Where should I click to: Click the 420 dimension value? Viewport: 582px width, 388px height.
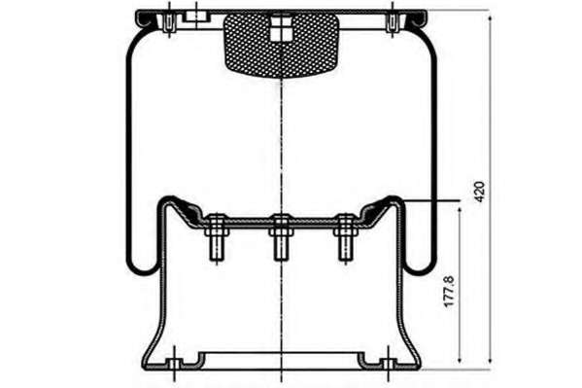tap(480, 192)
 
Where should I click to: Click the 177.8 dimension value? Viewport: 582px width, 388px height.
tap(450, 292)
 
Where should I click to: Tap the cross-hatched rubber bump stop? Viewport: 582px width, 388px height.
tap(282, 45)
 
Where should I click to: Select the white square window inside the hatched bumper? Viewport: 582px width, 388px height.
tap(281, 29)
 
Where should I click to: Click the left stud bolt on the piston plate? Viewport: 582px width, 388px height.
tap(217, 238)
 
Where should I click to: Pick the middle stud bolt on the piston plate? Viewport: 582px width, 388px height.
tap(281, 238)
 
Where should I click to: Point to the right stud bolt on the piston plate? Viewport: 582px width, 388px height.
tap(345, 238)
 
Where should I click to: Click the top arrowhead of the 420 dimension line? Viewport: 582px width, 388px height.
tap(491, 19)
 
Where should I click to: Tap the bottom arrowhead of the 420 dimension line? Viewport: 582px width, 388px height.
tap(491, 359)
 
